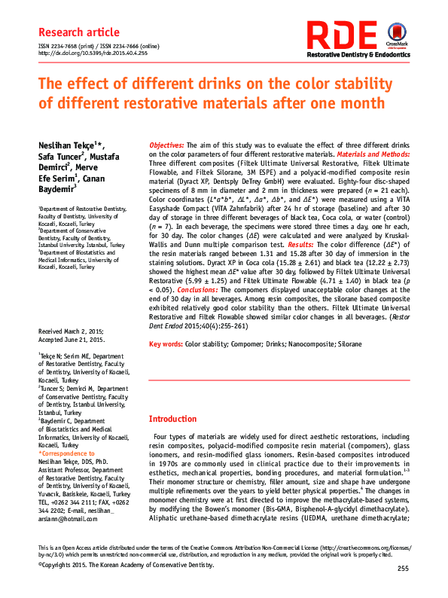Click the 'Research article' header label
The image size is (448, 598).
(78, 32)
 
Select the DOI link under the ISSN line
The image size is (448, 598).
(93, 53)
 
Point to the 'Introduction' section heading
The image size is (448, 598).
(172, 419)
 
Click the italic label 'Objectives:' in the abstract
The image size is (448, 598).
(166, 144)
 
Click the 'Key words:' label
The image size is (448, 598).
(166, 343)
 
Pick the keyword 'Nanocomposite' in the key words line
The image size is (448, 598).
(308, 343)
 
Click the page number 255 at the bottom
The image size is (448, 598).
(403, 568)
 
